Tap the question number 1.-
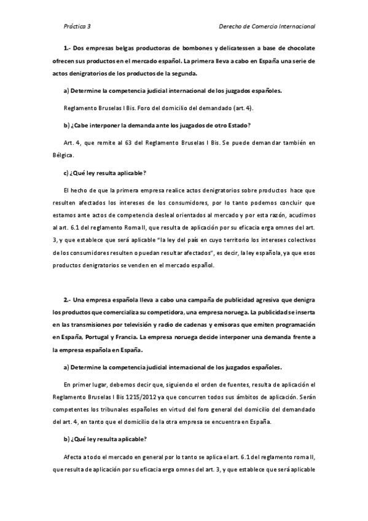(68, 48)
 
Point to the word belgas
(126, 48)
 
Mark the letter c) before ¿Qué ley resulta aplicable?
(66, 173)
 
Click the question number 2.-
(68, 299)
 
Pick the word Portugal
(100, 337)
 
